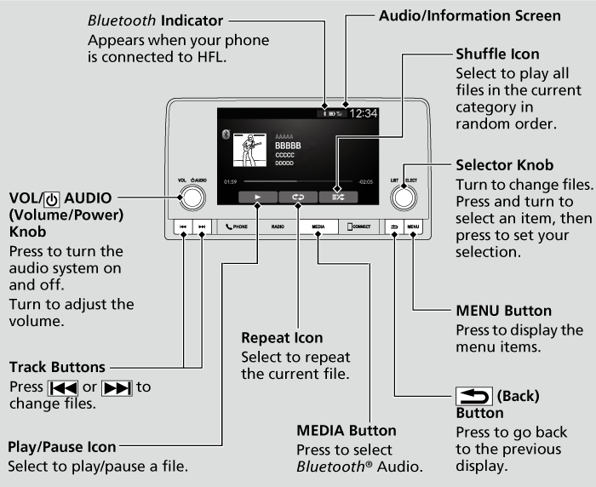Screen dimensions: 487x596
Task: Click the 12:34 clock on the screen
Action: click(x=364, y=112)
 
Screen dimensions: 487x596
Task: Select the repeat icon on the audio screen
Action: click(x=297, y=196)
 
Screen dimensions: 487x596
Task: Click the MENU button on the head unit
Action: click(x=414, y=227)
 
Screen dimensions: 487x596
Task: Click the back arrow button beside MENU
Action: click(x=395, y=227)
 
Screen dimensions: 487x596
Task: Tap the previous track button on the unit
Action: click(x=183, y=227)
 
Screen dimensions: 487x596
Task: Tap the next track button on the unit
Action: click(x=202, y=227)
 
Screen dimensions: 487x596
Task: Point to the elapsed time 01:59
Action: click(x=230, y=181)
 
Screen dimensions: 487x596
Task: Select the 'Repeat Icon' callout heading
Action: click(x=282, y=338)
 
